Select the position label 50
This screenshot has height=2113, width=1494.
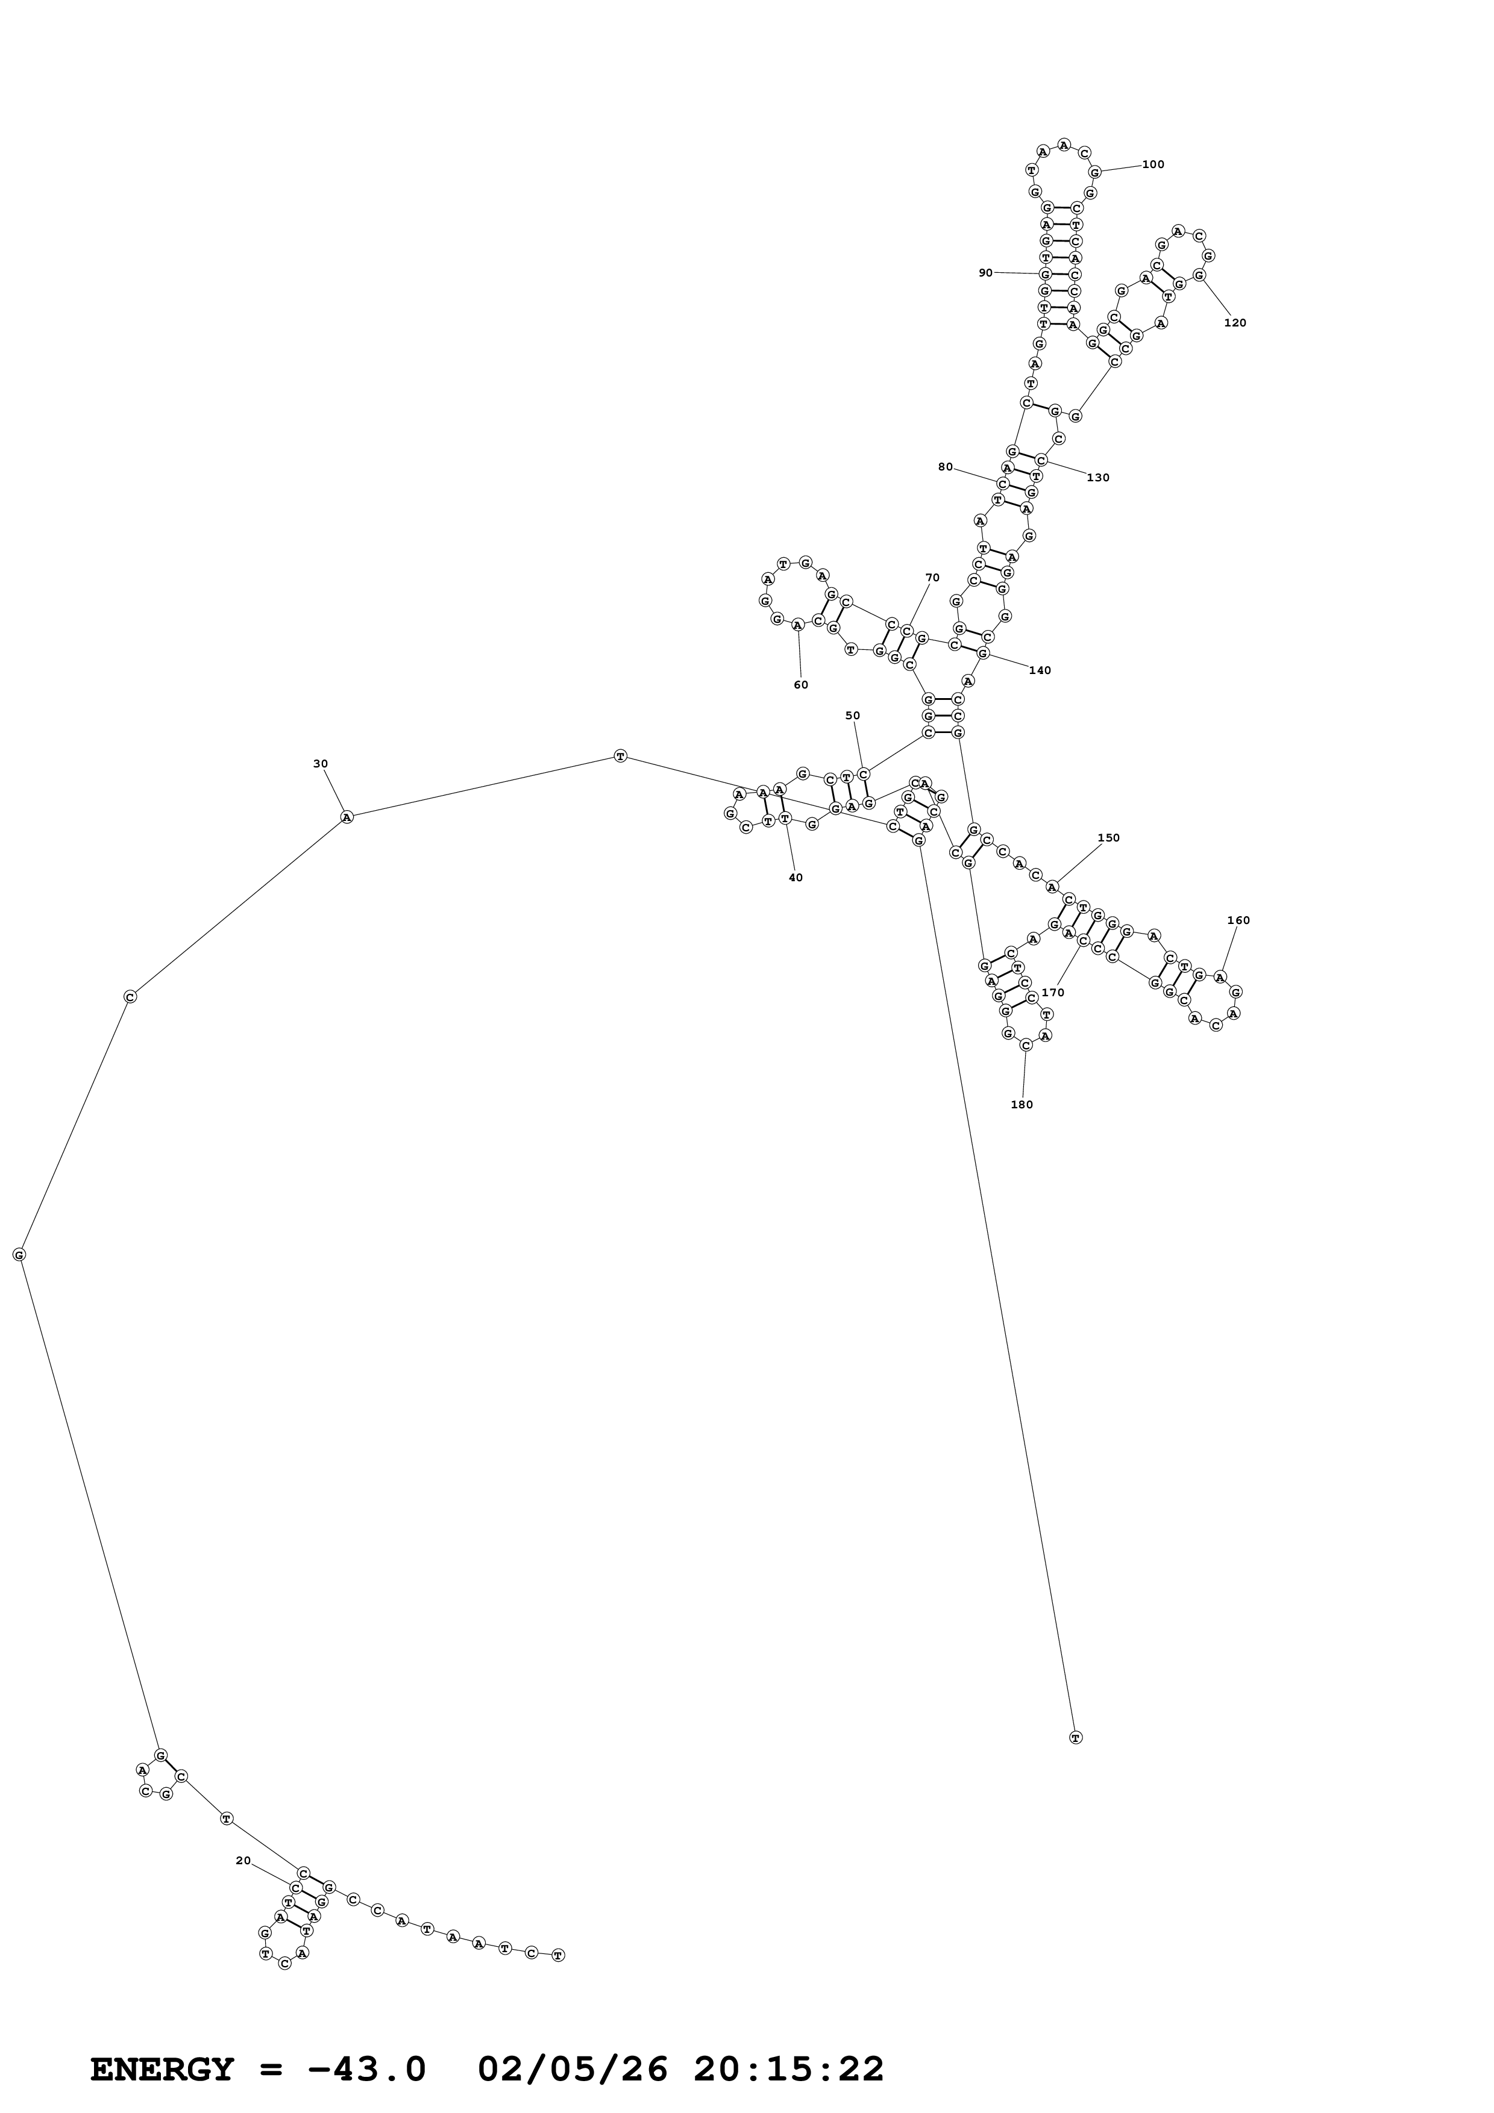(x=852, y=715)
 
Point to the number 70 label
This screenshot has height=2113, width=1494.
(x=932, y=578)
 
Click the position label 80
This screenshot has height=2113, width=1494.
(x=946, y=467)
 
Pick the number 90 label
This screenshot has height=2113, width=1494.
(x=986, y=272)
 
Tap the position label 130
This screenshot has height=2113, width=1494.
(x=1098, y=478)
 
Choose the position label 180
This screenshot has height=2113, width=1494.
(x=1022, y=1104)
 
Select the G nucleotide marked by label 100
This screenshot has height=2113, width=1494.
(x=1094, y=172)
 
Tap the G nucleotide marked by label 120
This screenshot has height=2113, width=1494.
(x=1199, y=274)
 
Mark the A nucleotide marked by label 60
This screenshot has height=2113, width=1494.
(x=797, y=625)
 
